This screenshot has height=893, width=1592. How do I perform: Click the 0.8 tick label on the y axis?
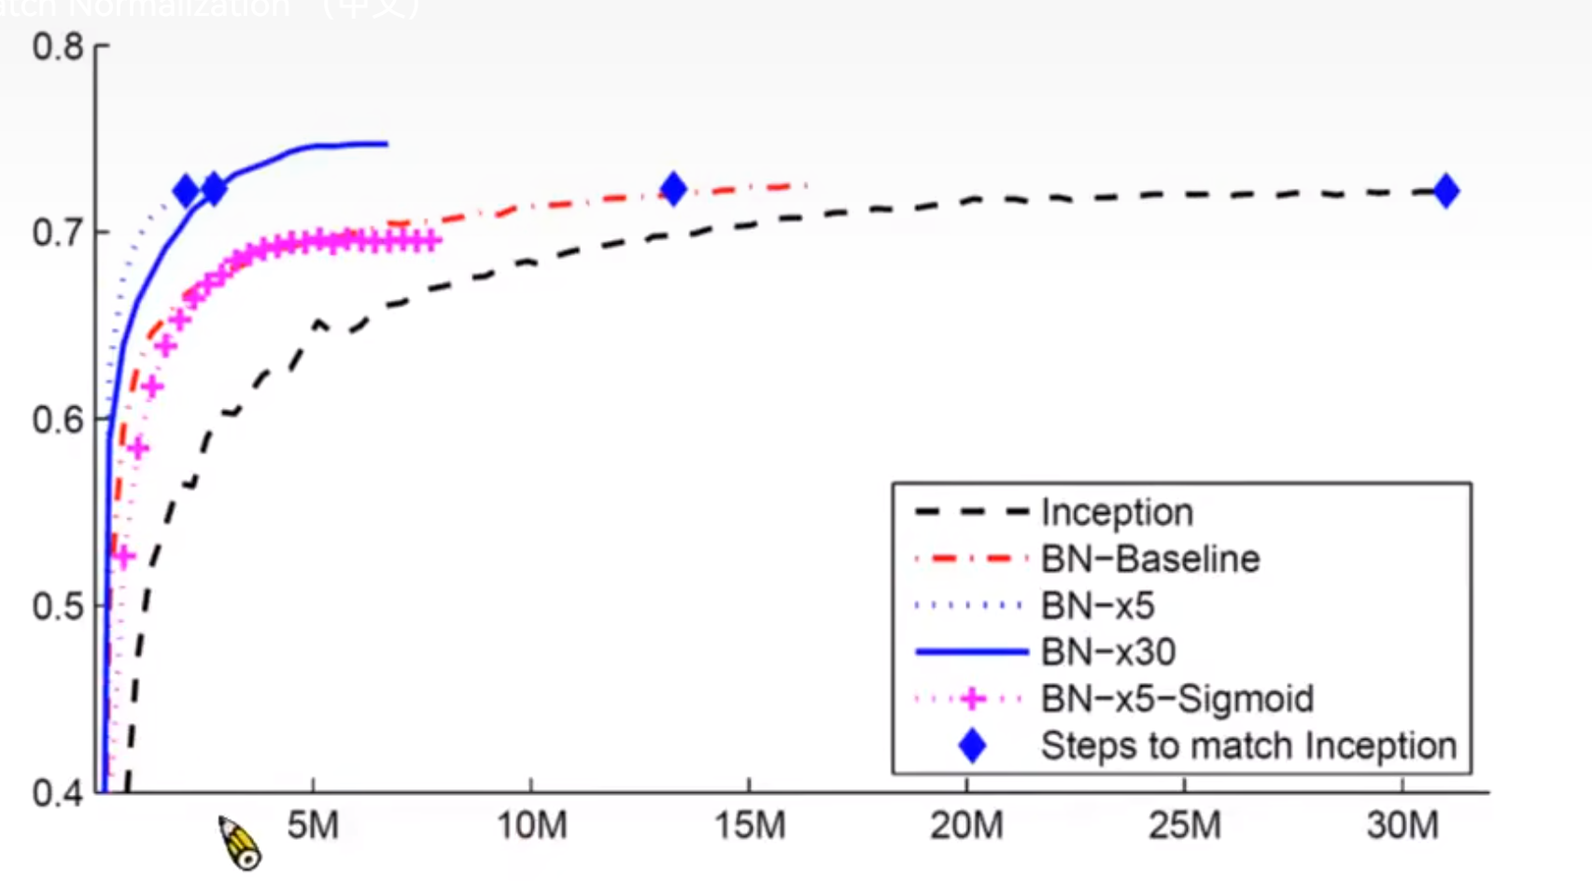point(58,47)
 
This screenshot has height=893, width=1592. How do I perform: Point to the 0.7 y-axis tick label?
point(58,233)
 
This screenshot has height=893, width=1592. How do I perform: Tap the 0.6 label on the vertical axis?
point(58,419)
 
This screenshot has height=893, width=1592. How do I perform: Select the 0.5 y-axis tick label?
point(58,606)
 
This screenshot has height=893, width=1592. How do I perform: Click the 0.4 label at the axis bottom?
point(58,793)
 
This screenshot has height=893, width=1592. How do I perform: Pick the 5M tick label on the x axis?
point(313,826)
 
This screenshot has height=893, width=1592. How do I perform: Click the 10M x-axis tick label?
point(531,826)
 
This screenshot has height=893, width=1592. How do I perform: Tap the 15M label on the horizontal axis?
point(750,826)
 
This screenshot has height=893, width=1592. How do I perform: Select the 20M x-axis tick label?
point(966,826)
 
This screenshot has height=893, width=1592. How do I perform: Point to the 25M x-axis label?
point(1185,826)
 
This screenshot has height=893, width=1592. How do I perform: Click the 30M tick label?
point(1402,826)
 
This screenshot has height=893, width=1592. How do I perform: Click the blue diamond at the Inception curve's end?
point(1446,191)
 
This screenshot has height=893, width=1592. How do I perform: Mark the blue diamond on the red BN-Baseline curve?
point(673,190)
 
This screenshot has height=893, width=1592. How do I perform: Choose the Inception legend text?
point(1117,512)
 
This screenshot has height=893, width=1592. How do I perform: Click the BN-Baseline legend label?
point(1150,559)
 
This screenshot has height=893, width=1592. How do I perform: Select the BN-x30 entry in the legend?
point(1108,652)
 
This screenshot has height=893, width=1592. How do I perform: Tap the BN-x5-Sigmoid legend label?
point(1177,699)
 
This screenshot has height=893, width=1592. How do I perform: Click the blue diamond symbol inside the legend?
point(973,745)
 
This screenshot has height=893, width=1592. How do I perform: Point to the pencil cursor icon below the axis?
point(240,843)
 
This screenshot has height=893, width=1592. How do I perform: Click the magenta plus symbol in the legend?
point(973,699)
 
